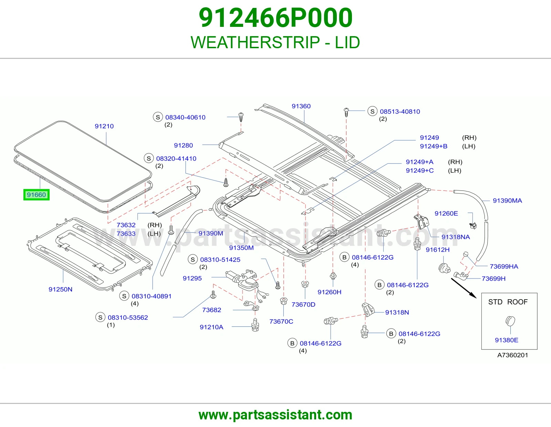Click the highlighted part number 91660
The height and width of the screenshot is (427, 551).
pos(36,195)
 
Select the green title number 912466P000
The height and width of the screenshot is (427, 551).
pos(275,18)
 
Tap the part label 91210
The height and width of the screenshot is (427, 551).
pos(104,126)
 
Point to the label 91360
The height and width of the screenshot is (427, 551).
pos(301,106)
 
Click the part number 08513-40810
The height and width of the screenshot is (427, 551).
pos(400,111)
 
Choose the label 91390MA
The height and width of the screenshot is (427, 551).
pos(507,200)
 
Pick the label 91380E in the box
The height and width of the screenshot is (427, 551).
pos(507,340)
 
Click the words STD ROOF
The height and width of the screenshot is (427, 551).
pos(508,302)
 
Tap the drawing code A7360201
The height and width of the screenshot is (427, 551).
pos(513,355)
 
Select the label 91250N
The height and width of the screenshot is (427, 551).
pos(60,289)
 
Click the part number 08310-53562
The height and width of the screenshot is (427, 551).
pos(128,317)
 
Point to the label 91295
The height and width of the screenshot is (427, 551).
pos(192,278)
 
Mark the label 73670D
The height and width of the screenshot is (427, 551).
pos(303,304)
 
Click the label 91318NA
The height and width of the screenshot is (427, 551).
pos(456,237)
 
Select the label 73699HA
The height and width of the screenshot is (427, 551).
pos(504,266)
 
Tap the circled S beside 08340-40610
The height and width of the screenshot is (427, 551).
pos(158,117)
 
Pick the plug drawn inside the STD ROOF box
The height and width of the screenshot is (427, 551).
pos(510,321)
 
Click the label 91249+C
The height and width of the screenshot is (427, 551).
pos(420,170)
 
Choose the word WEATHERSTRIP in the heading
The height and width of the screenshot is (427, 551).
pos(255,42)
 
